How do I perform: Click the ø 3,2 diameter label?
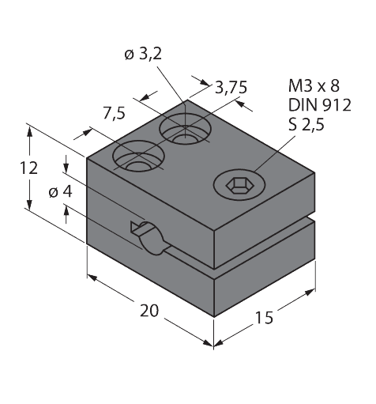point(143,55)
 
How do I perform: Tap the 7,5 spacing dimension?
point(115,114)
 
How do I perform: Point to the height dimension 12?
point(29,168)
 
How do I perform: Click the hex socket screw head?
point(235,185)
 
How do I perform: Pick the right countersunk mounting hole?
point(186,128)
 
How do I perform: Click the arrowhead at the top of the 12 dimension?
point(29,129)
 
